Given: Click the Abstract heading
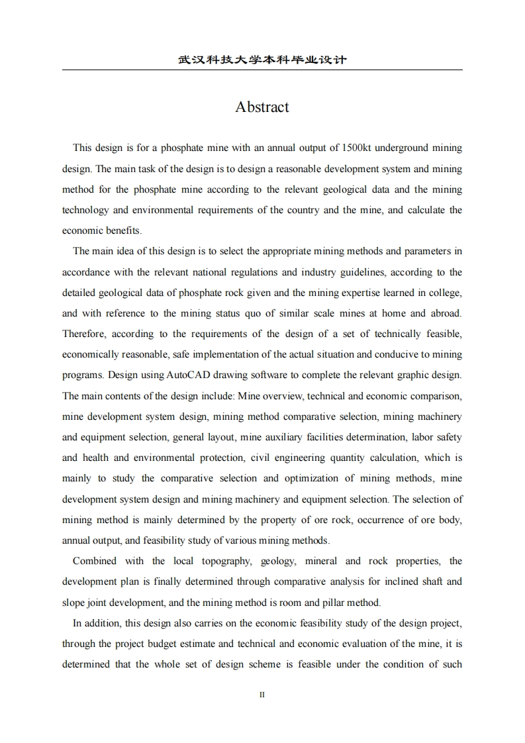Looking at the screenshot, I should point(262,107).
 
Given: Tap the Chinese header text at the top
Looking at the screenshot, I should point(262,60).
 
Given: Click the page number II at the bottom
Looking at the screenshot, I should point(262,695).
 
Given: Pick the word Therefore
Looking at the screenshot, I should point(84,334).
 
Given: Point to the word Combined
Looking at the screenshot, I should point(94,562).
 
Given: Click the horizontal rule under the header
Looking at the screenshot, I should point(262,70).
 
